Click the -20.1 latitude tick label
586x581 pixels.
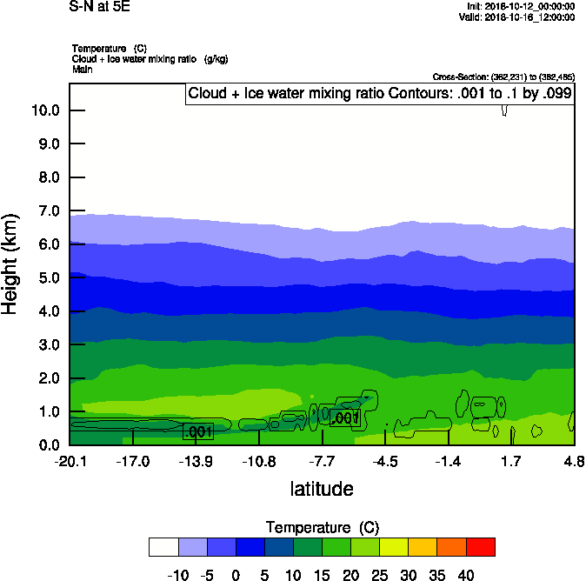click(70, 460)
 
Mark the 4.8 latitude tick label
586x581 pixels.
click(574, 460)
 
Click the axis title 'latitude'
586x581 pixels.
click(322, 489)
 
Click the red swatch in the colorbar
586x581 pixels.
click(481, 547)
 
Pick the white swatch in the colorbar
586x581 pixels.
click(163, 547)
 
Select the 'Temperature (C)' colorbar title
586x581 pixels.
click(322, 528)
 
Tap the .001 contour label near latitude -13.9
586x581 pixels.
click(198, 431)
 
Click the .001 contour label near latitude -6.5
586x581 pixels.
click(345, 418)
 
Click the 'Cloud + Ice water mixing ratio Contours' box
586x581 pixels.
click(379, 94)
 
